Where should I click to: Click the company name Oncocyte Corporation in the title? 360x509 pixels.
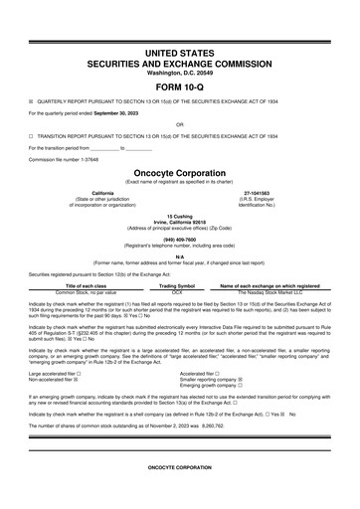click(x=179, y=171)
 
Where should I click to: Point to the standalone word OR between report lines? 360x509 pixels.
click(x=179, y=124)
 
